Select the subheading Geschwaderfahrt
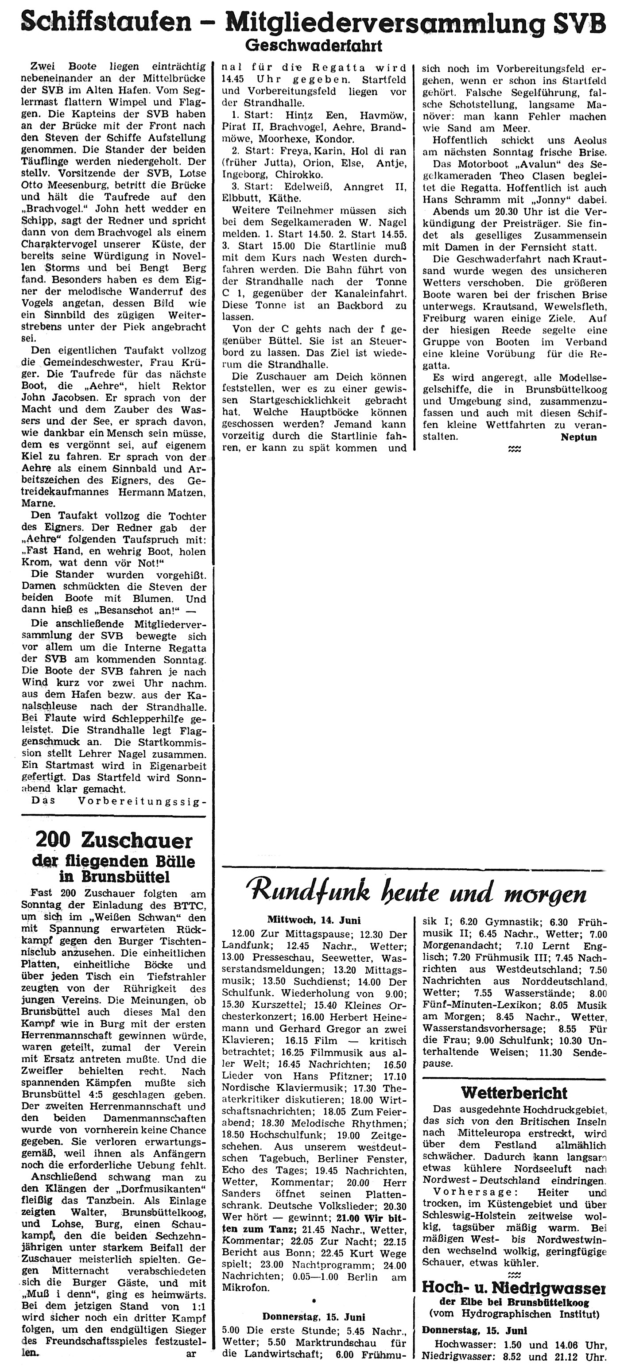[x=313, y=46]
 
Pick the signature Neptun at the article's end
[x=578, y=437]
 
